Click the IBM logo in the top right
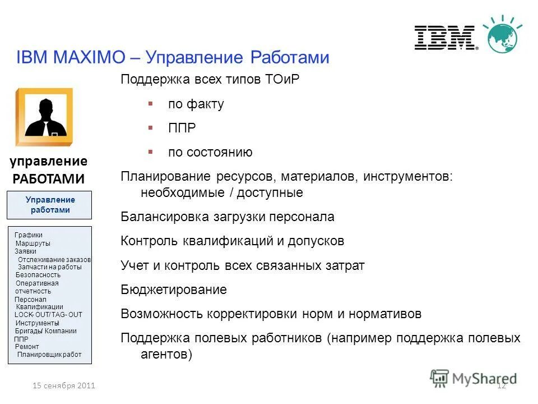446,38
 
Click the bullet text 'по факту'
196,104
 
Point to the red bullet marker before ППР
150,128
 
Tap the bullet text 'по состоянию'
210,152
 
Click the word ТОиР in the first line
281,79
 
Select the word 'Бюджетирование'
174,290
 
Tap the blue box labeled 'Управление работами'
50,205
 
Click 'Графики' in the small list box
29,235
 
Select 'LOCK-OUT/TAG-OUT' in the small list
48,315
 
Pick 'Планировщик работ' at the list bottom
49,355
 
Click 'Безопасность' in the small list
38,275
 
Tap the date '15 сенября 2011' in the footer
64,385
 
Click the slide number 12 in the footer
502,385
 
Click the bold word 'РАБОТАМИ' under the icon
48,179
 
